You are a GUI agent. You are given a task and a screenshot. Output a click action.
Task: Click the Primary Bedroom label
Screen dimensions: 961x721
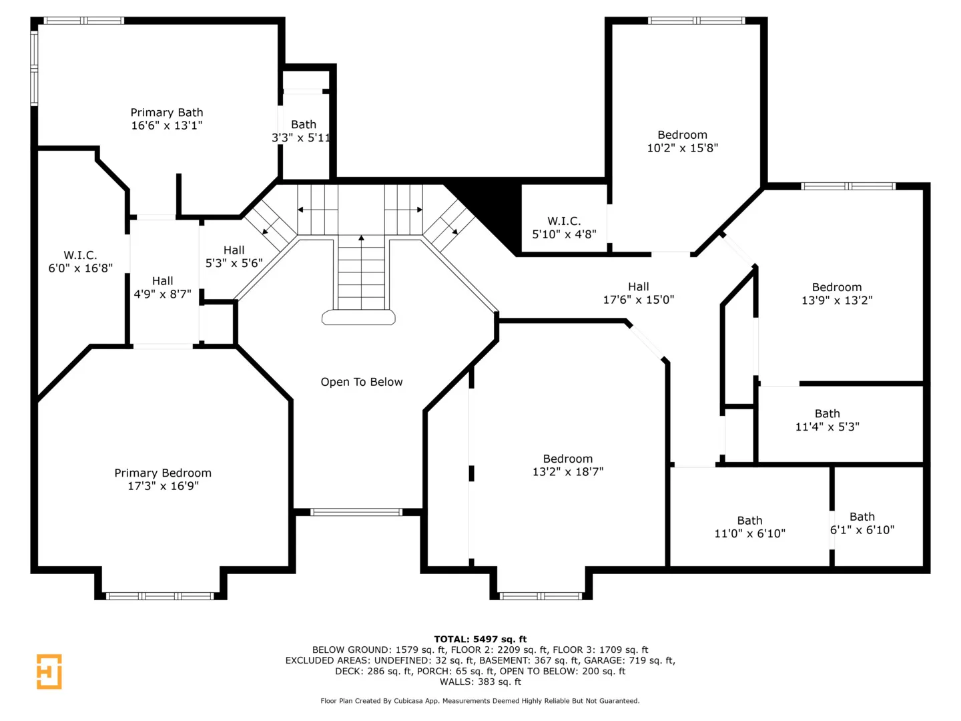pos(163,473)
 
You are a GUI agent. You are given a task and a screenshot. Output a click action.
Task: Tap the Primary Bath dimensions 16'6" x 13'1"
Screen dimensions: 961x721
pos(167,126)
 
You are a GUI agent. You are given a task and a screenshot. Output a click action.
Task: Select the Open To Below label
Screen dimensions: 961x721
pos(362,382)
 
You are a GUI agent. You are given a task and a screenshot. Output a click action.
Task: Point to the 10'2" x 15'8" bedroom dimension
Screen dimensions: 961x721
pos(683,148)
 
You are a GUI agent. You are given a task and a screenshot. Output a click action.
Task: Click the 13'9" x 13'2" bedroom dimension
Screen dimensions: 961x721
pos(837,300)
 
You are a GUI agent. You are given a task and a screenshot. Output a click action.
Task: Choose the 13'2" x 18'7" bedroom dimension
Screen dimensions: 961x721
pos(568,472)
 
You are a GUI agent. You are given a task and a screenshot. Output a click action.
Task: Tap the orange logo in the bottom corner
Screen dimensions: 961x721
pos(49,672)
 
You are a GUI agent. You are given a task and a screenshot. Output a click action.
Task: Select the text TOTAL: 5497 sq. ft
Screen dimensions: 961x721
pos(480,639)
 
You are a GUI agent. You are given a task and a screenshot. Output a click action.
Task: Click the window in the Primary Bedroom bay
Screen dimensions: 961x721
pos(160,595)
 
